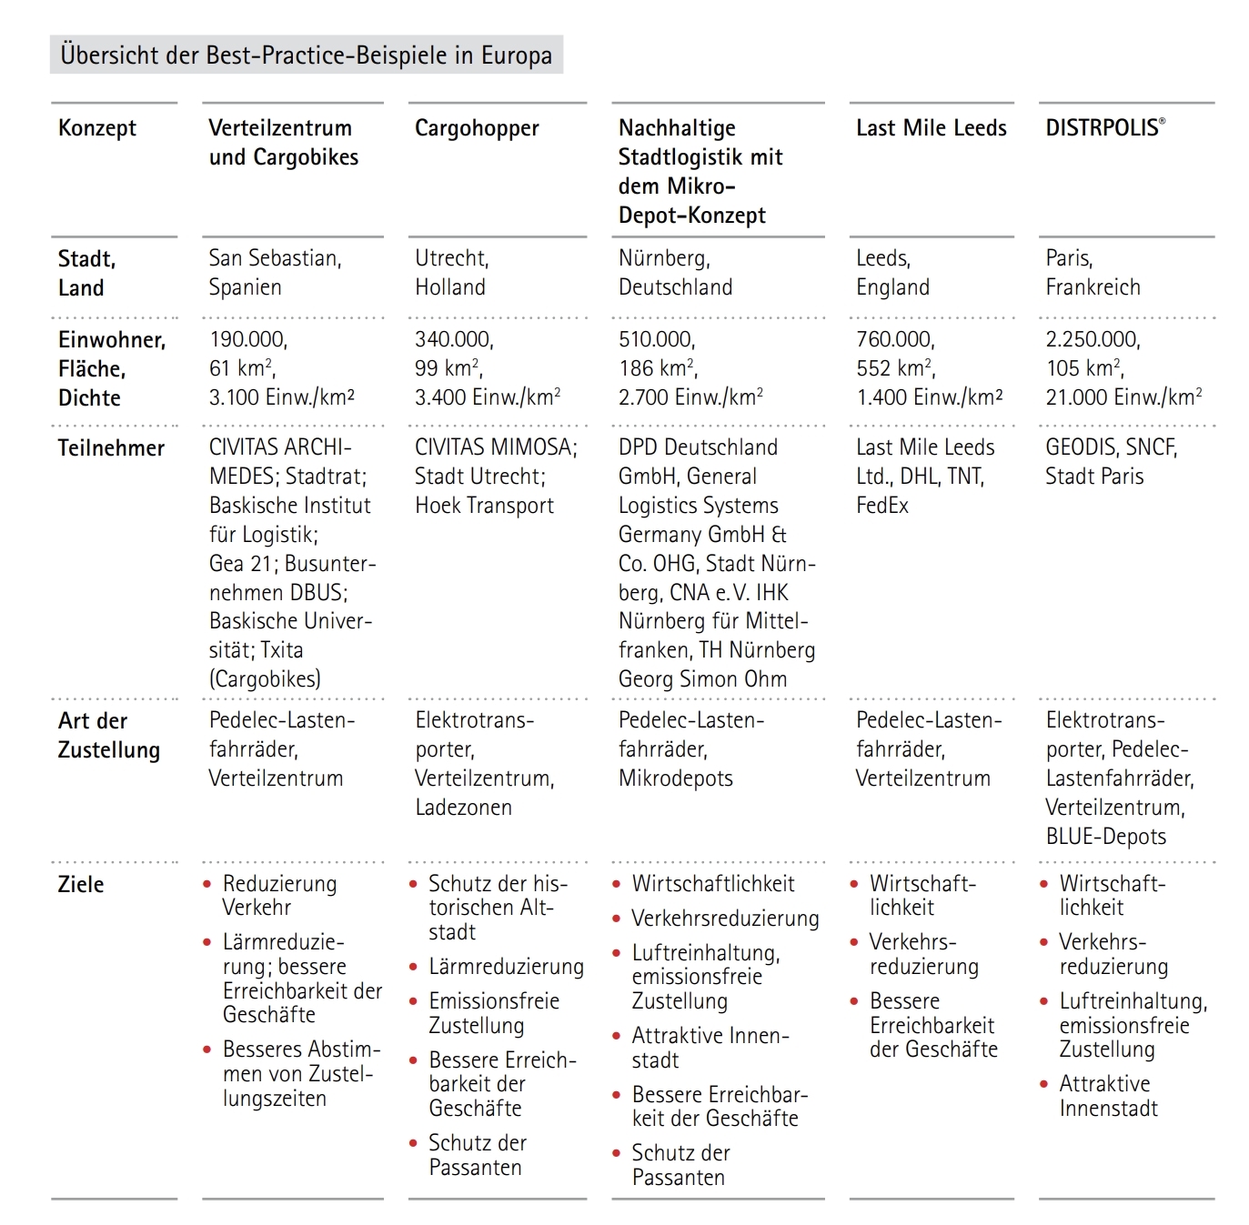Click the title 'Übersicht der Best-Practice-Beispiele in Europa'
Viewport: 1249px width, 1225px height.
[306, 55]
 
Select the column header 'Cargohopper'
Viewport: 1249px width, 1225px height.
[477, 128]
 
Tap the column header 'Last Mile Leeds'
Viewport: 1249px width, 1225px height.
[931, 128]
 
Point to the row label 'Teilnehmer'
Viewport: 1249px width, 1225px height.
[111, 448]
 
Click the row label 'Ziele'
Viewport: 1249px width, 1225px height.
[81, 885]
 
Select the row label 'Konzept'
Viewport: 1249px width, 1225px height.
[96, 128]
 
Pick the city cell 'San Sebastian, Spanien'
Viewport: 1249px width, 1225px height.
[275, 272]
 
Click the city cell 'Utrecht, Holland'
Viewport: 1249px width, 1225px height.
[451, 272]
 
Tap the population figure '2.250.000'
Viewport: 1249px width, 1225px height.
[1093, 339]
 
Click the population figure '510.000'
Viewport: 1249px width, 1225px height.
[656, 339]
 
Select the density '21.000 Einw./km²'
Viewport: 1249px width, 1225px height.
[1123, 397]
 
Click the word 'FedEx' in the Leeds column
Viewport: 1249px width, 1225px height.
[881, 506]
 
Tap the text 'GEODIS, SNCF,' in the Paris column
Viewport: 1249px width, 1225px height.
[1111, 447]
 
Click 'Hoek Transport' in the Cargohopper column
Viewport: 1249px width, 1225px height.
[484, 506]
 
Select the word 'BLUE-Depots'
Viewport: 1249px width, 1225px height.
[1105, 837]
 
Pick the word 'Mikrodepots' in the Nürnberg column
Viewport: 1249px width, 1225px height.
[675, 778]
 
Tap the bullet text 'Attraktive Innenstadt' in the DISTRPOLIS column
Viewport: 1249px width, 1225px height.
[1107, 1096]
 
